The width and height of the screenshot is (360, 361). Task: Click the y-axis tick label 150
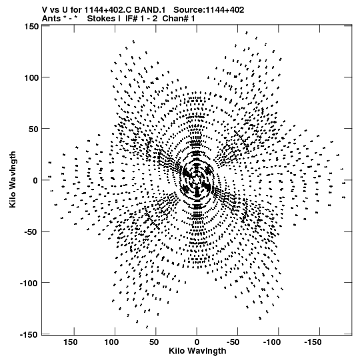[x=31, y=27]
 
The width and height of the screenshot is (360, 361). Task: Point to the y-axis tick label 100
[x=31, y=77]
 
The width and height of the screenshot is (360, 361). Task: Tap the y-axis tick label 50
[x=33, y=129]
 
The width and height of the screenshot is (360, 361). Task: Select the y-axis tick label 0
[x=35, y=180]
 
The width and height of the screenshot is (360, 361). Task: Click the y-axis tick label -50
[x=31, y=232]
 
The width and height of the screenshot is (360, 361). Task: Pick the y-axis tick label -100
[x=29, y=283]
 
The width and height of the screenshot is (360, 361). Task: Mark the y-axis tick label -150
[x=29, y=334]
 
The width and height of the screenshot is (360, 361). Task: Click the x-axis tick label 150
[x=71, y=342]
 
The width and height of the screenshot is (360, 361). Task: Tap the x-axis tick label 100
[x=111, y=342]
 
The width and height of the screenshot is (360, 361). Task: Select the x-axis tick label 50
[x=154, y=342]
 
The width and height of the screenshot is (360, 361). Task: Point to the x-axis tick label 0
[x=197, y=342]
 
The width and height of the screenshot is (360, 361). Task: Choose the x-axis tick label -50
[x=233, y=342]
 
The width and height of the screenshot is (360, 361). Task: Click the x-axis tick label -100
[x=272, y=342]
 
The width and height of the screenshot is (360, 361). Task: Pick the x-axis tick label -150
[x=313, y=342]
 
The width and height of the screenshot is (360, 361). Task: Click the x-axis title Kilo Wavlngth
[x=197, y=350]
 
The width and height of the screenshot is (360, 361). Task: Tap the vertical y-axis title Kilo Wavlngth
[x=13, y=179]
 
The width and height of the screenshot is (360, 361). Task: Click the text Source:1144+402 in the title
[x=209, y=10]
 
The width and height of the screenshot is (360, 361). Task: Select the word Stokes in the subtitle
[x=102, y=19]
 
